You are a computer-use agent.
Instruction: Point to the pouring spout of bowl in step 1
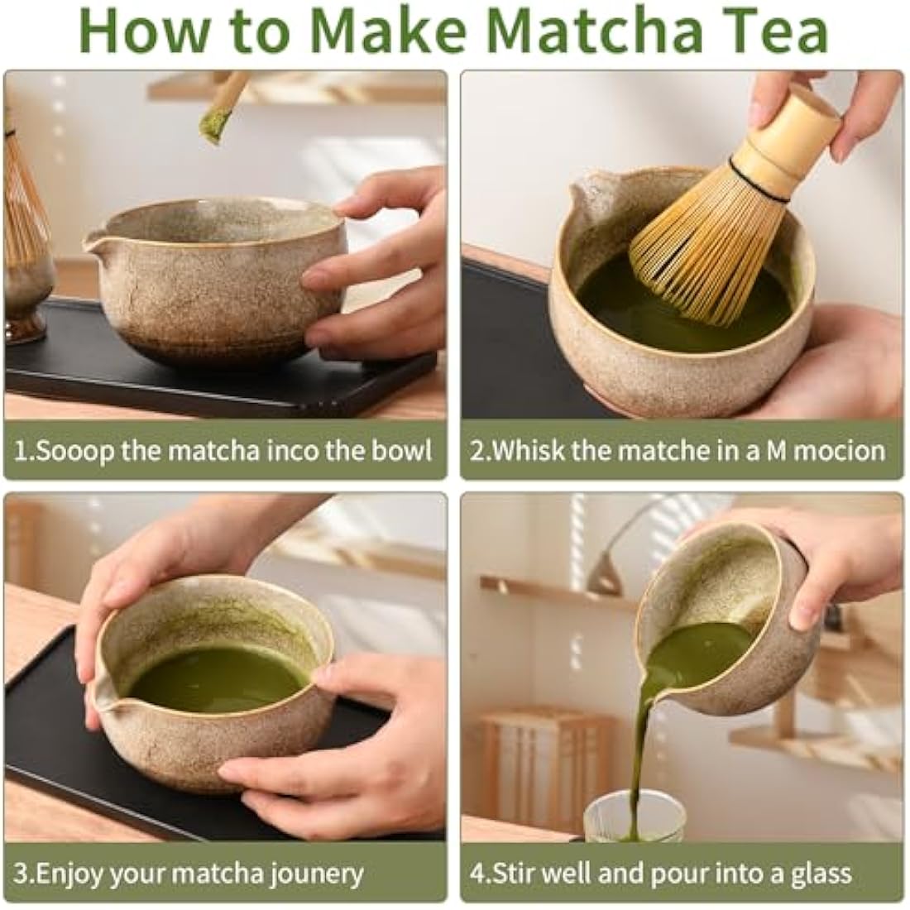95,242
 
